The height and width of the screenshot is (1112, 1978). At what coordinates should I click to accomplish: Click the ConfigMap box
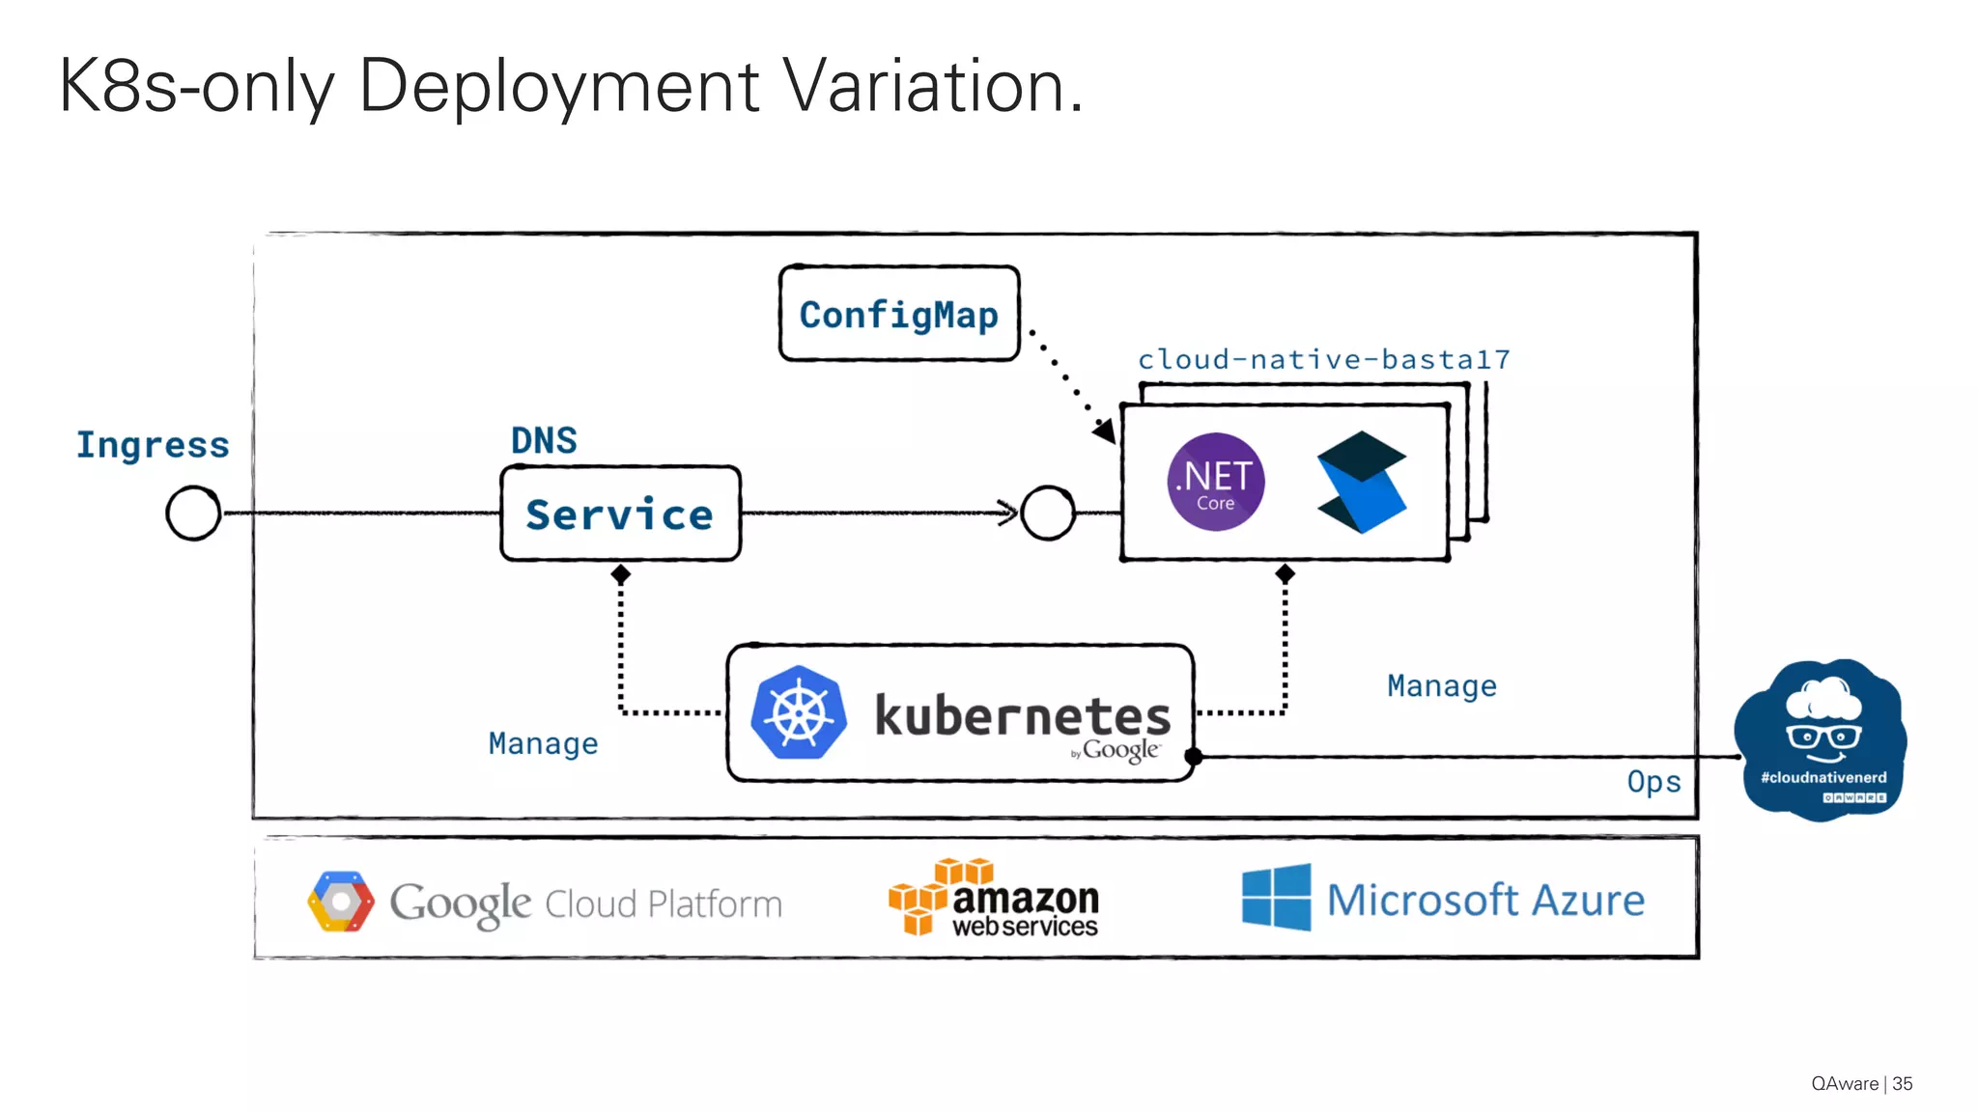[898, 314]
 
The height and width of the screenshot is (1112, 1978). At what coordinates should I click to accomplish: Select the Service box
[620, 514]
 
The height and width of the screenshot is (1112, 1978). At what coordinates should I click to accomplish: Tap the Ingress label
[153, 444]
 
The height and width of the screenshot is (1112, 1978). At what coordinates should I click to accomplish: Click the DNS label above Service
[544, 440]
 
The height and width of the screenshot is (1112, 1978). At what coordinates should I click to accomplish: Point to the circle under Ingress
[193, 513]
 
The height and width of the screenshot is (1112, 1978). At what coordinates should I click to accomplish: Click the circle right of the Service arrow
[1048, 513]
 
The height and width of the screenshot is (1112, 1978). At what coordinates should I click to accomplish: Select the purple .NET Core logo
[1215, 482]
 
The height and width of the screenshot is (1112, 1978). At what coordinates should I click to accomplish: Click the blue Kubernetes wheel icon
[799, 712]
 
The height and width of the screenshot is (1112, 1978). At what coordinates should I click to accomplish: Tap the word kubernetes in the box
[1022, 715]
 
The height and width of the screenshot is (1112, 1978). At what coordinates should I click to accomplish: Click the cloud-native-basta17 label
[1323, 359]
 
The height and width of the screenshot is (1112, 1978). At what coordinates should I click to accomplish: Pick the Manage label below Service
[543, 743]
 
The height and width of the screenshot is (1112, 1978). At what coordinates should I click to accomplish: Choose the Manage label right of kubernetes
[1441, 685]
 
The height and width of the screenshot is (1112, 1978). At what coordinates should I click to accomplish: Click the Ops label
[1653, 781]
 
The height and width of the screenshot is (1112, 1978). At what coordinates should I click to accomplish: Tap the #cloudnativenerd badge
[1822, 740]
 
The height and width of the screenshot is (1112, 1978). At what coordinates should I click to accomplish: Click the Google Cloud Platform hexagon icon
[340, 902]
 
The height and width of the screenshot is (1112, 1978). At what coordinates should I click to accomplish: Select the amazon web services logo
[995, 898]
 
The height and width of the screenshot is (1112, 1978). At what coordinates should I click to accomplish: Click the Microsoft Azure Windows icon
[1276, 898]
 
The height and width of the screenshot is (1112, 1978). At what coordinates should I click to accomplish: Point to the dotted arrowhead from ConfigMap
[1104, 431]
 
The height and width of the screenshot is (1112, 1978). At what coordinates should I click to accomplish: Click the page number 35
[1902, 1083]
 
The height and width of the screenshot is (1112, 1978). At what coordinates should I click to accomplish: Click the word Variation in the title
[930, 87]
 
